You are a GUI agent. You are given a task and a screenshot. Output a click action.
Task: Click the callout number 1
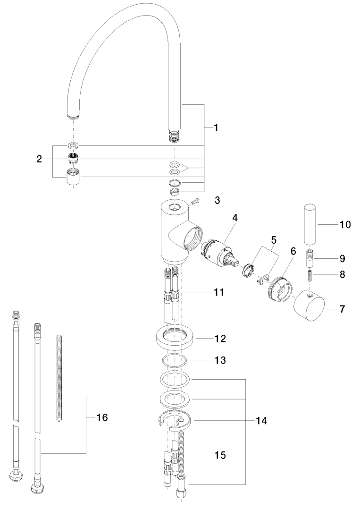(x=216, y=128)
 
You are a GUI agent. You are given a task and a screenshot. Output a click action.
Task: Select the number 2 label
(x=39, y=159)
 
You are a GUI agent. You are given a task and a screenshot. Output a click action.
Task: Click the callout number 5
(x=274, y=240)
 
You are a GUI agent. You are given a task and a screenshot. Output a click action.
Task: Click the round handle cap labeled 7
(x=309, y=305)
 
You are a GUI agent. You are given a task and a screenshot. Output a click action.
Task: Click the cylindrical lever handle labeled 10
(x=310, y=224)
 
